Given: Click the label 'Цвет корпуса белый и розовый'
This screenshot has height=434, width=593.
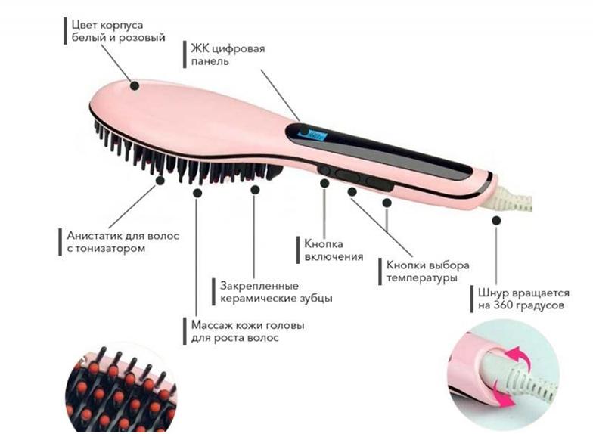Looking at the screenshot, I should [x=116, y=30].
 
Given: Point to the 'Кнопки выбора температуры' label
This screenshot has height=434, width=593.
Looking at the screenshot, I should [x=427, y=271].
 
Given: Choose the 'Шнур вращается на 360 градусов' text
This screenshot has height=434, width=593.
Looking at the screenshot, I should [x=523, y=299].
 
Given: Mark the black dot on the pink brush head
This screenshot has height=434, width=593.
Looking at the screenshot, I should [x=135, y=85].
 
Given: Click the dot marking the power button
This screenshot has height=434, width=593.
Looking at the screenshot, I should [x=324, y=182].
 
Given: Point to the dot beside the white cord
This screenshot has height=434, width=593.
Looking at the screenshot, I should [x=496, y=220].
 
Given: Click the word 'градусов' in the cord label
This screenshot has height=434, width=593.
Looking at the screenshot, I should [x=539, y=307].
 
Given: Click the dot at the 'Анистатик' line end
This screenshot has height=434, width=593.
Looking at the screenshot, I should [x=160, y=180].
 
